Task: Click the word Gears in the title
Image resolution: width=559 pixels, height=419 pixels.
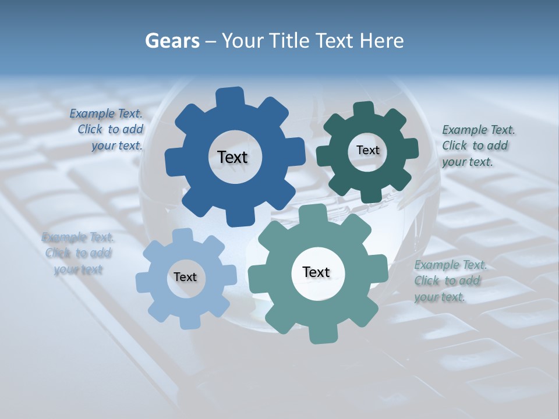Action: pos(172,41)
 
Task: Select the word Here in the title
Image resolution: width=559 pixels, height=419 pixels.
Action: pos(382,41)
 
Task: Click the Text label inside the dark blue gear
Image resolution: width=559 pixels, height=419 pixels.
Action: pos(232,157)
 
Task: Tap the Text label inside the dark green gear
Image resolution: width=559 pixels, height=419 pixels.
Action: pos(367,150)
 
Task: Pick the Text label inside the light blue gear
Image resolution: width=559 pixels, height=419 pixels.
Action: pos(185,277)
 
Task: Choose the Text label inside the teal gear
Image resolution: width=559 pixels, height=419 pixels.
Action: pos(316,272)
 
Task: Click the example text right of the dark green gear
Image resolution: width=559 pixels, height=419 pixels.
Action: pos(478,145)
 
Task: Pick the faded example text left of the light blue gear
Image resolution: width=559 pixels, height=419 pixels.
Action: pos(78,253)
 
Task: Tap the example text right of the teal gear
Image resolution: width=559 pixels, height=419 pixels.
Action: pos(450,280)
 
